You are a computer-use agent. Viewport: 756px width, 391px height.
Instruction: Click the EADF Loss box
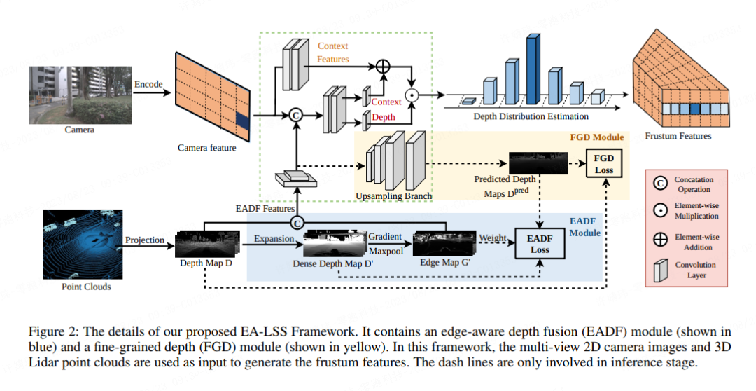539,243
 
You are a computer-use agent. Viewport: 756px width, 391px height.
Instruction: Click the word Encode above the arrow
148,84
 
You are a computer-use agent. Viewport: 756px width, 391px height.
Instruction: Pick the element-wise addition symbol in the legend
660,238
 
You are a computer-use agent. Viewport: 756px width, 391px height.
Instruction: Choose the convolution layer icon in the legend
659,270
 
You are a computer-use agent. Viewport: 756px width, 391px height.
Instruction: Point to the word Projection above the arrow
145,240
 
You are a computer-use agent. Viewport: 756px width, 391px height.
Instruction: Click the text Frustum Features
678,136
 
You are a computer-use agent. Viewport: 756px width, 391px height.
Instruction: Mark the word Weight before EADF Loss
492,238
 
